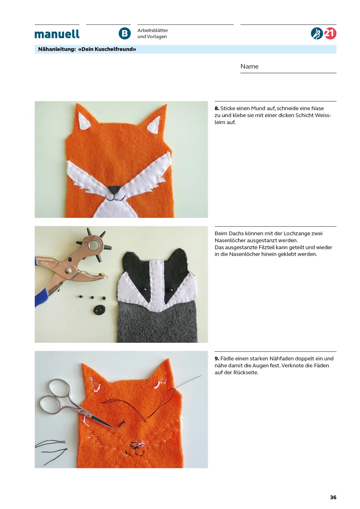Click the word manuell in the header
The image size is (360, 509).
(57, 34)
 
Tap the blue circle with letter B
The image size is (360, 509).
(125, 34)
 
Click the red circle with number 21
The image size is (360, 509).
(330, 34)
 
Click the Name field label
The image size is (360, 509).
(249, 66)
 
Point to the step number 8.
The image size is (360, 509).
(217, 108)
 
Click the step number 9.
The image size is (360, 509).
(217, 358)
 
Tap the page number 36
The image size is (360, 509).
(333, 497)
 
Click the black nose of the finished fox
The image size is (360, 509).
(114, 189)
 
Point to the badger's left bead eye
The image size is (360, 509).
(144, 290)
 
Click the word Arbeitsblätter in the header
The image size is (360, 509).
(153, 30)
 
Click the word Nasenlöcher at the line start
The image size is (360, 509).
(230, 241)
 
